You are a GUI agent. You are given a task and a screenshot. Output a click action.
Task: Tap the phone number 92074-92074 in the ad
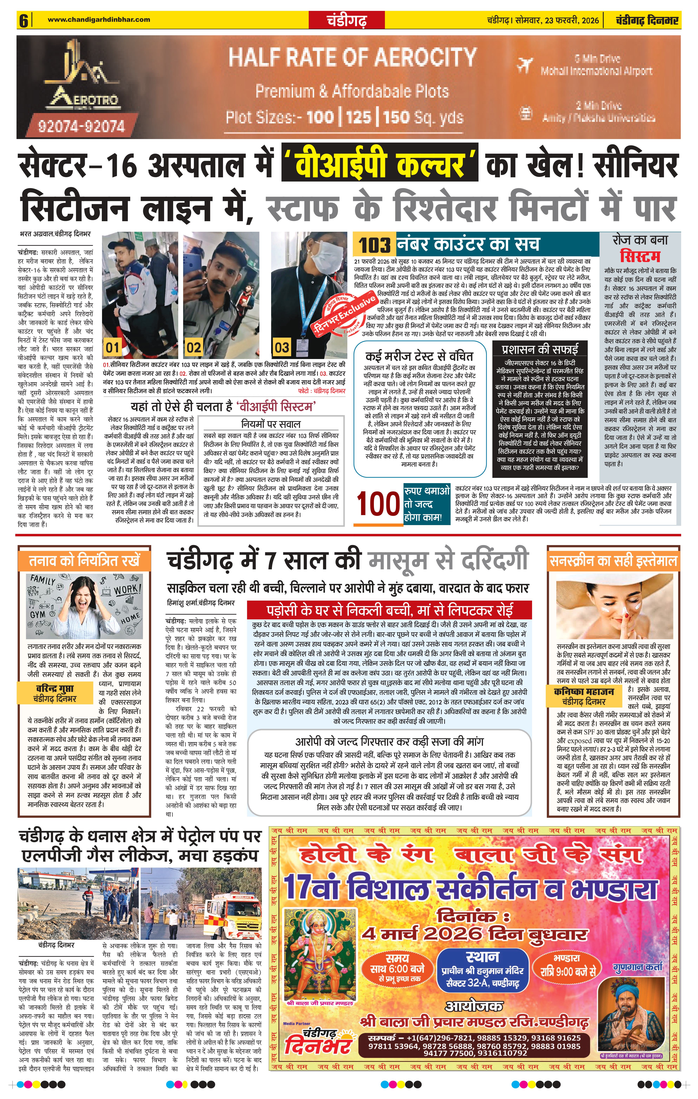[81, 126]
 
